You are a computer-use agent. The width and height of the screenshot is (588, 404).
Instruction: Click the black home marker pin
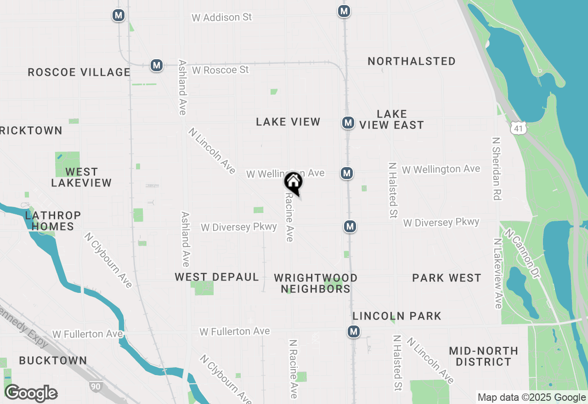(293, 182)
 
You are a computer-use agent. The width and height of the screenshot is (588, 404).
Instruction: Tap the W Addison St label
(222, 17)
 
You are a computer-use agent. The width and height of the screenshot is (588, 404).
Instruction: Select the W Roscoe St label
(220, 70)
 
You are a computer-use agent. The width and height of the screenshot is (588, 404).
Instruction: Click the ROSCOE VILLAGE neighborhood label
(79, 72)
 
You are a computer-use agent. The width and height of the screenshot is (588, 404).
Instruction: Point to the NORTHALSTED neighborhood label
(412, 61)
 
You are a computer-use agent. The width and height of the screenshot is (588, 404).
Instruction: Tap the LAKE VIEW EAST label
(391, 119)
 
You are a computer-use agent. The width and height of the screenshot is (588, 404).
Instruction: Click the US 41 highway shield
(519, 128)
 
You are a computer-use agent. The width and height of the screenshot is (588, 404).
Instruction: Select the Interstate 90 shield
(95, 387)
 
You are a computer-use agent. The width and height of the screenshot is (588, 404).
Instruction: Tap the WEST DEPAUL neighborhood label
(217, 277)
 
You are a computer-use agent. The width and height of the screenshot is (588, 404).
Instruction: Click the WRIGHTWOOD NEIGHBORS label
(316, 283)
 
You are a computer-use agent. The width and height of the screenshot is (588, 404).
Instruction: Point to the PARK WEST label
(447, 278)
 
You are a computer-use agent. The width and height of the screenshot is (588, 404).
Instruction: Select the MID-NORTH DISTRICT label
(483, 356)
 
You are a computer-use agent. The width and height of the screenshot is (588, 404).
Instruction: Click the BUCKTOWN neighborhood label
(53, 360)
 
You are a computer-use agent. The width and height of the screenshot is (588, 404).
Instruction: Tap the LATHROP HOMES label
(50, 221)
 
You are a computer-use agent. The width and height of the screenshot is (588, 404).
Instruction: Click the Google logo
(31, 393)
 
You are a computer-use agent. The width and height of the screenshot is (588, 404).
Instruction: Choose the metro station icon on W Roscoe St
(157, 65)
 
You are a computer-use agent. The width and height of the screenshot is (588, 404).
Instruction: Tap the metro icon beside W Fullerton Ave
(353, 331)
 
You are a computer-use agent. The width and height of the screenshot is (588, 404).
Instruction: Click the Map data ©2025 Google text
(531, 398)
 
